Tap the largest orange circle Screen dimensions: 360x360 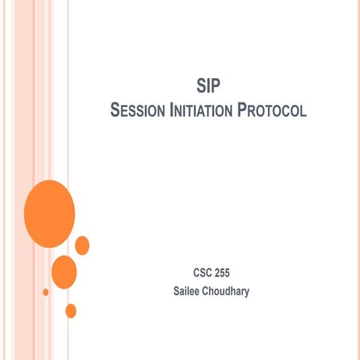(x=49, y=214)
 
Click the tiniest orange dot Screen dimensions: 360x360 (x=46, y=292)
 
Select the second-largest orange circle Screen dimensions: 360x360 (x=64, y=271)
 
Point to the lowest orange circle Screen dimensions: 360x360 (x=71, y=310)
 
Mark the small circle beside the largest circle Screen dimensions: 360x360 (x=82, y=245)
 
